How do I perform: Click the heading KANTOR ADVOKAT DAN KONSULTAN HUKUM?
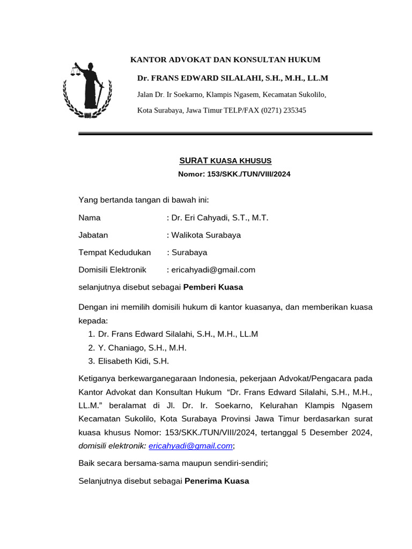(x=225, y=60)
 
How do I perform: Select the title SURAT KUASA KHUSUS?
(x=225, y=160)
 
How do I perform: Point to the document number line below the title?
(x=234, y=174)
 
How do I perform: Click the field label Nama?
(x=90, y=218)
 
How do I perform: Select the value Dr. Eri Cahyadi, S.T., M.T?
(x=219, y=218)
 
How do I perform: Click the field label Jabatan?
(x=93, y=235)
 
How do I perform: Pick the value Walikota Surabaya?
(x=205, y=235)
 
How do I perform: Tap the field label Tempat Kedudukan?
(x=115, y=252)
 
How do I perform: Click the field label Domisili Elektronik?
(x=113, y=270)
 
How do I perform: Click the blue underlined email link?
(x=190, y=446)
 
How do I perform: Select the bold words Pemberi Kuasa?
(x=213, y=287)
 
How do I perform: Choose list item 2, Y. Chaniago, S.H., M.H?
(x=142, y=347)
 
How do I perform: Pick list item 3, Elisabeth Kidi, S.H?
(x=134, y=361)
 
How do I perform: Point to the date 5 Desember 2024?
(x=342, y=432)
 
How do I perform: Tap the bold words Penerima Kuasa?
(x=217, y=481)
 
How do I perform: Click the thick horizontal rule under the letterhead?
(x=225, y=133)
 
